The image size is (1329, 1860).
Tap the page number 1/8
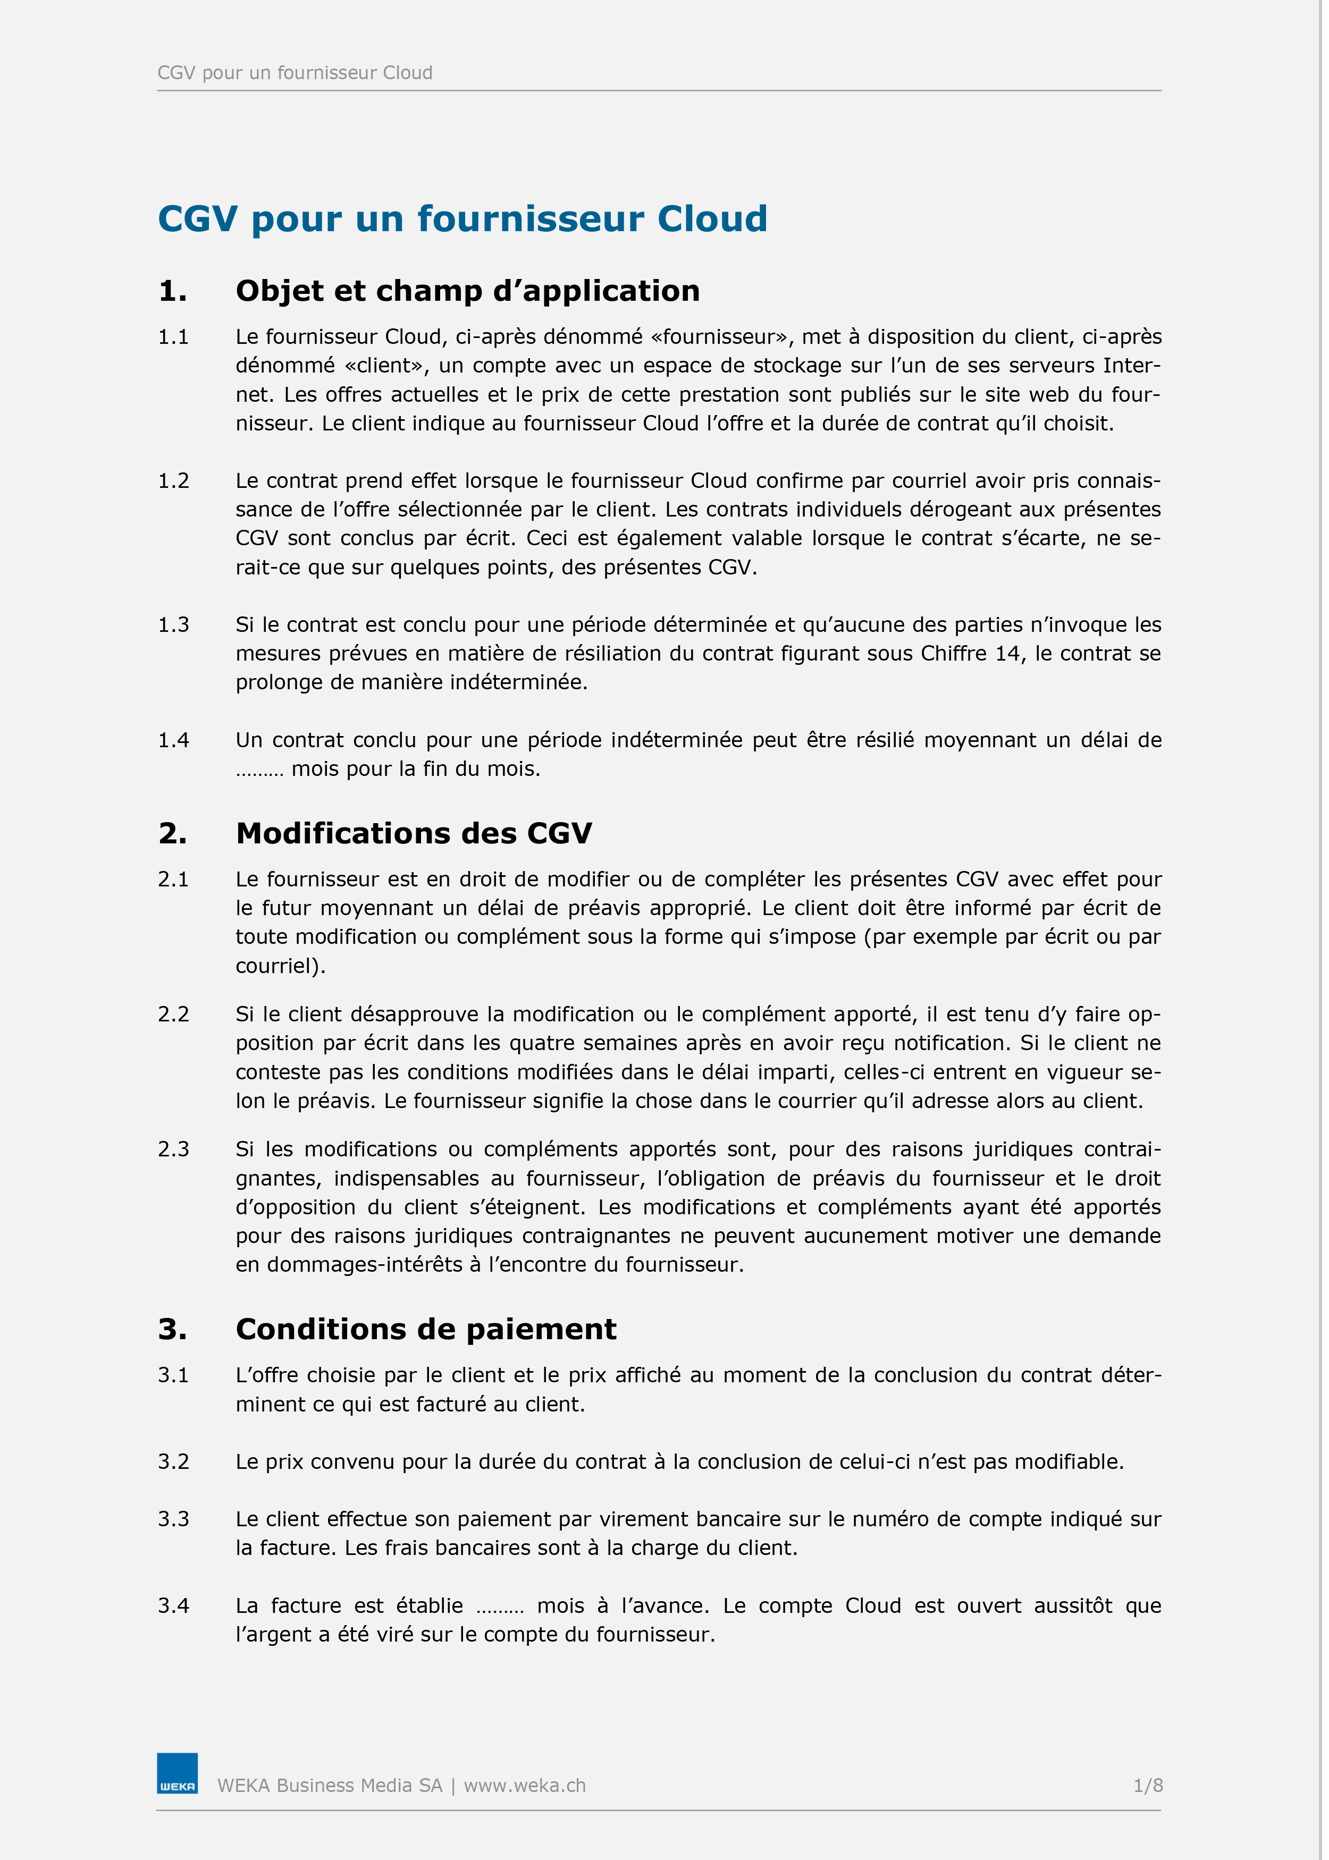pos(1147,1786)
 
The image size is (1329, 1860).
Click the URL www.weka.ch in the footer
pos(525,1786)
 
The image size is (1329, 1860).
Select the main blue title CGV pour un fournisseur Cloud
pos(462,218)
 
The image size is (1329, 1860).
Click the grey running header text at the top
pos(295,73)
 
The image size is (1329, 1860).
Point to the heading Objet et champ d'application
pos(467,290)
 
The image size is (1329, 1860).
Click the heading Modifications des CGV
pos(413,833)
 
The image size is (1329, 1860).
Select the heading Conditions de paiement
pos(425,1329)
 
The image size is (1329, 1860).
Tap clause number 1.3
pos(173,625)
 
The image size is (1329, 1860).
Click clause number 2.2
pos(173,1014)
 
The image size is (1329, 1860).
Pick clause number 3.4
pos(173,1605)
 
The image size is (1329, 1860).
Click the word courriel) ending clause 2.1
pos(280,966)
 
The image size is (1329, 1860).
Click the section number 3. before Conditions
pos(172,1329)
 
